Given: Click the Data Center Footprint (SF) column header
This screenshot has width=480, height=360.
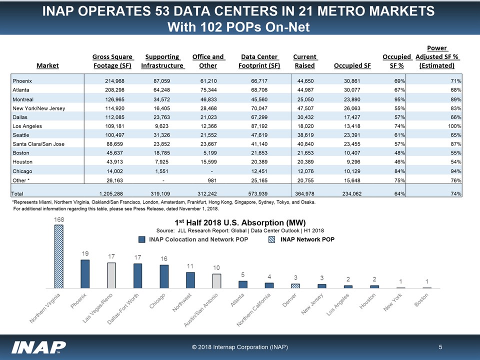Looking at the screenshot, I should click(x=259, y=61).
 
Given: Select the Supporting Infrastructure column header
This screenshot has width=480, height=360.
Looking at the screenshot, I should click(x=162, y=61).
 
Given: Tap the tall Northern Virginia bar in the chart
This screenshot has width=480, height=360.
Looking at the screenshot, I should click(x=59, y=256).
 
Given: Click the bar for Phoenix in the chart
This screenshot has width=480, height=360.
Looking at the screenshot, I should click(x=85, y=274).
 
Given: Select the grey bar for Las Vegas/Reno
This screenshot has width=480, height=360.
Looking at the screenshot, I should click(x=111, y=275).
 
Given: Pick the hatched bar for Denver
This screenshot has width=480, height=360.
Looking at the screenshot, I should click(x=295, y=286).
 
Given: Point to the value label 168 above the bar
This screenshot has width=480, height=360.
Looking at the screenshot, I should click(x=59, y=219).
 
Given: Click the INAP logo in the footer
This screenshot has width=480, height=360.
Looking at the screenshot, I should click(x=39, y=346).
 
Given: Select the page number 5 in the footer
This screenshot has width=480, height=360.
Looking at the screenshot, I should click(x=440, y=346).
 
